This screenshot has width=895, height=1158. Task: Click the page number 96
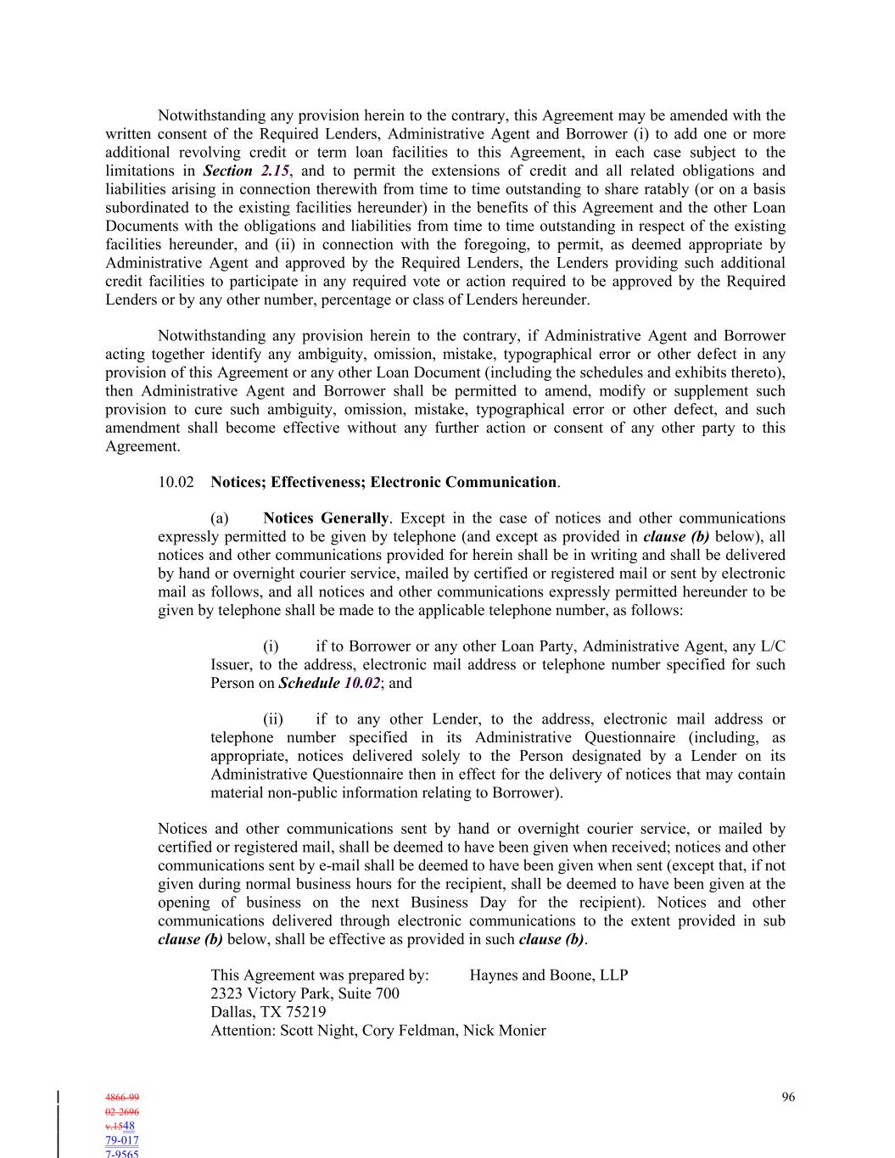pyautogui.click(x=788, y=1097)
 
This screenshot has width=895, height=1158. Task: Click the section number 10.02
pyautogui.click(x=176, y=482)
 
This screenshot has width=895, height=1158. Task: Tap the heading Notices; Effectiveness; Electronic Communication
pyautogui.click(x=383, y=482)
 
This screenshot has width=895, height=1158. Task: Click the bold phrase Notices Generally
pyautogui.click(x=327, y=517)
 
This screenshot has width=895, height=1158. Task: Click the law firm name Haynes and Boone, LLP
pyautogui.click(x=549, y=975)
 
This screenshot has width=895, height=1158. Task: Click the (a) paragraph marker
pyautogui.click(x=220, y=517)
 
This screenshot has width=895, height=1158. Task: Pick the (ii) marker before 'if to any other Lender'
pyautogui.click(x=273, y=719)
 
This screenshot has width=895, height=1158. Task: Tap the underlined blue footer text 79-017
pyautogui.click(x=122, y=1140)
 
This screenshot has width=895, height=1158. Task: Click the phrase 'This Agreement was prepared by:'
pyautogui.click(x=320, y=975)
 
